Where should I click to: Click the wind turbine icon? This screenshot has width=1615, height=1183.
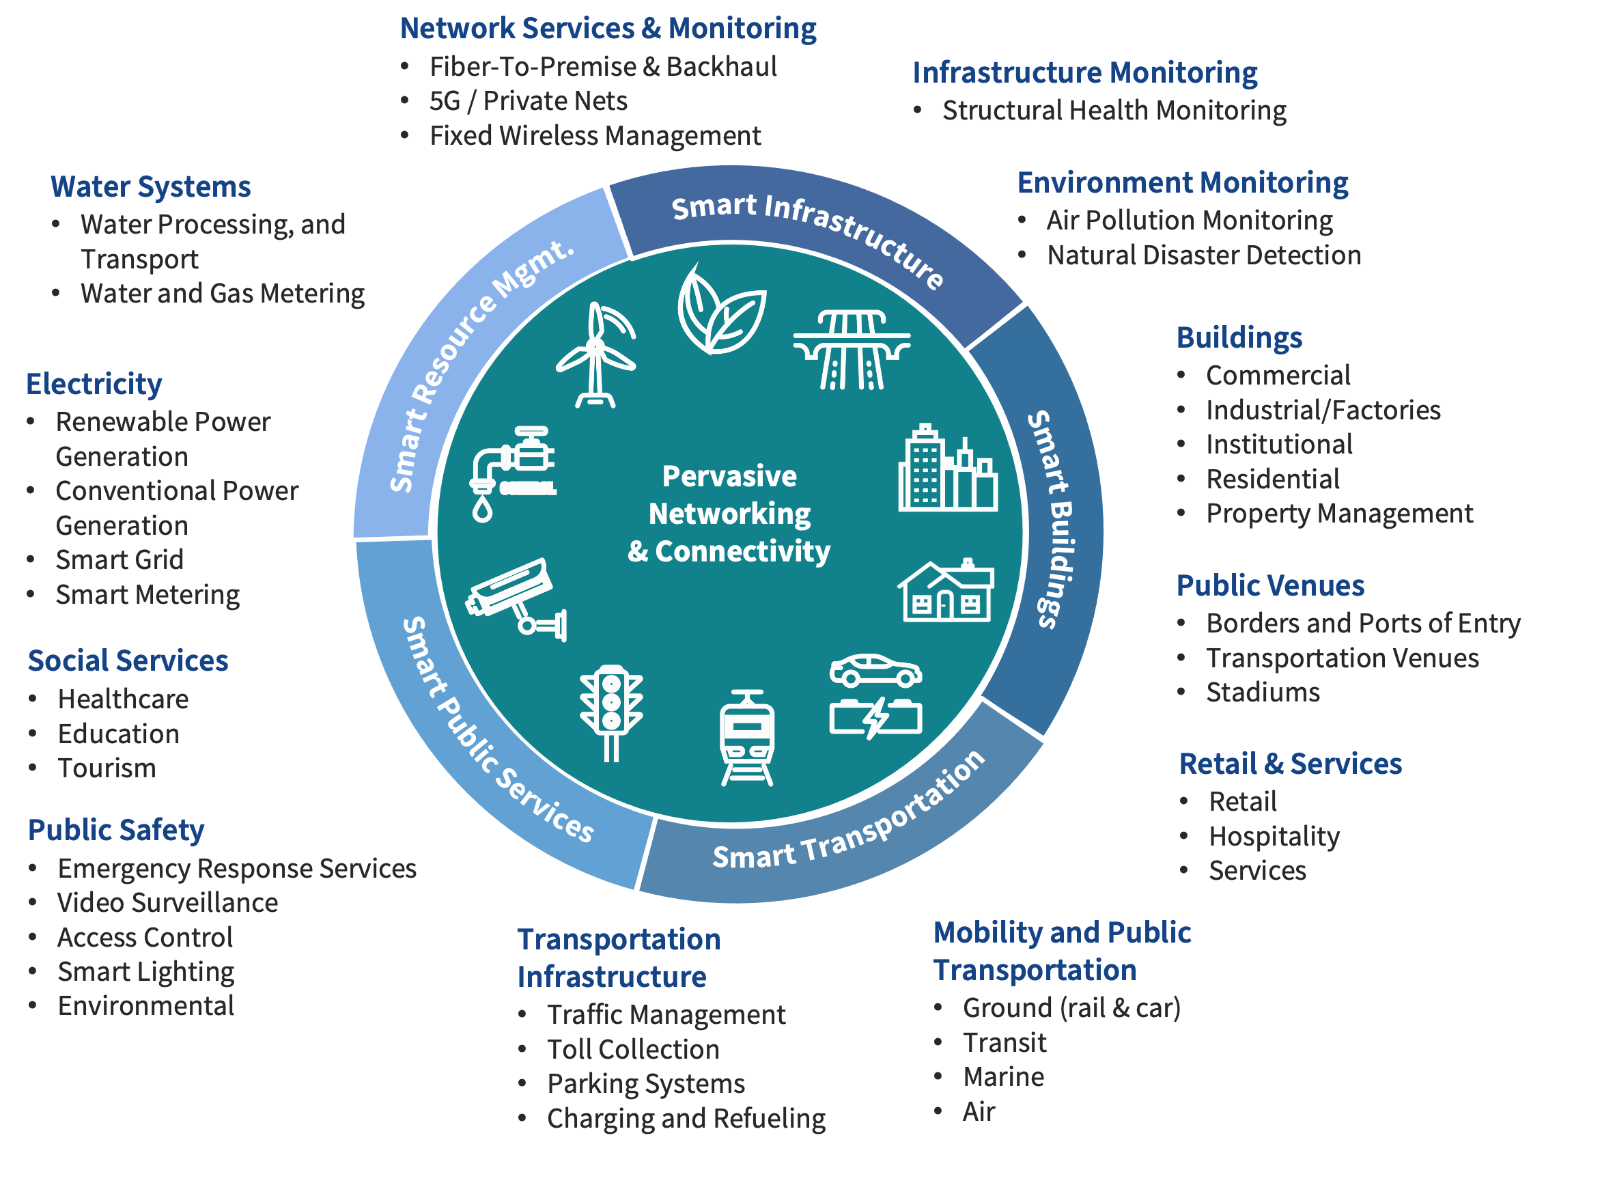595,356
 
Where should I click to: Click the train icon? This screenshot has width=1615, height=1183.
746,738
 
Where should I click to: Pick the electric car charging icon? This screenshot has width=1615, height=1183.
875,696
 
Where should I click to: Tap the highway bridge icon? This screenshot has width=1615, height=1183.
851,350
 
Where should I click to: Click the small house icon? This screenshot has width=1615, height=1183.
946,591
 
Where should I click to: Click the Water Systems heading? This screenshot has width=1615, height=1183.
150,186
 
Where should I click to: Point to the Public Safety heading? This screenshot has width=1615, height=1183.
116,830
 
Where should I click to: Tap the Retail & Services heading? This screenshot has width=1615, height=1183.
1290,764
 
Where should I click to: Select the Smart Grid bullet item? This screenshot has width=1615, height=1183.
120,560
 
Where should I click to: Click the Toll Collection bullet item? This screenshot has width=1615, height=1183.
633,1049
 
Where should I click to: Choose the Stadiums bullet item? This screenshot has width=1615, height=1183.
1263,693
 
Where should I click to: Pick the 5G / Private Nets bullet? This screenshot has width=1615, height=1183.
528,101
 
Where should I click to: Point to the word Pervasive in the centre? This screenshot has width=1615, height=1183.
729,476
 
